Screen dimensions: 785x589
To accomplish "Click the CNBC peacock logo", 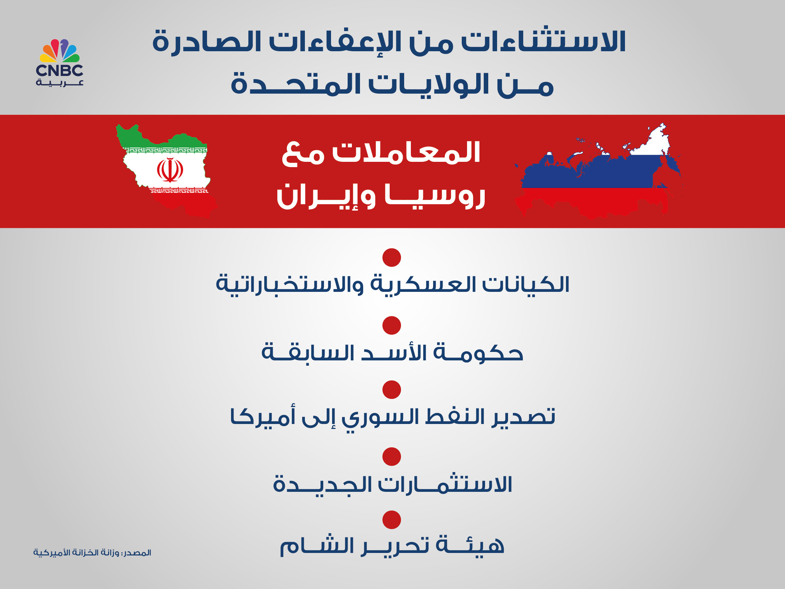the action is pyautogui.click(x=59, y=51).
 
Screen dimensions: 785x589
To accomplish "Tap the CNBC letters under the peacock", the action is pyautogui.click(x=59, y=70).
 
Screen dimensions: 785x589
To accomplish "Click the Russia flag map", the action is pyautogui.click(x=598, y=171).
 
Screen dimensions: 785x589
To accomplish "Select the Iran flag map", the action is pyautogui.click(x=166, y=170).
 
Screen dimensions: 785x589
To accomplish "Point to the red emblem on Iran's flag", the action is pyautogui.click(x=170, y=170).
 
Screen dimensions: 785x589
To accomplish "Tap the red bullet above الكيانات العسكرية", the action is pyautogui.click(x=391, y=257).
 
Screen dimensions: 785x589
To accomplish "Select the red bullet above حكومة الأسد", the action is pyautogui.click(x=391, y=325).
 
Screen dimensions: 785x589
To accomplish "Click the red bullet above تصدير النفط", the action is pyautogui.click(x=391, y=390).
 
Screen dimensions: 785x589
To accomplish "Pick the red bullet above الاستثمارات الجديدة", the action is pyautogui.click(x=391, y=457).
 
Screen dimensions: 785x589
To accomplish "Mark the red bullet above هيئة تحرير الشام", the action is pyautogui.click(x=391, y=520).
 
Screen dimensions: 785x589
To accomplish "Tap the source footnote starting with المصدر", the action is pyautogui.click(x=92, y=553).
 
